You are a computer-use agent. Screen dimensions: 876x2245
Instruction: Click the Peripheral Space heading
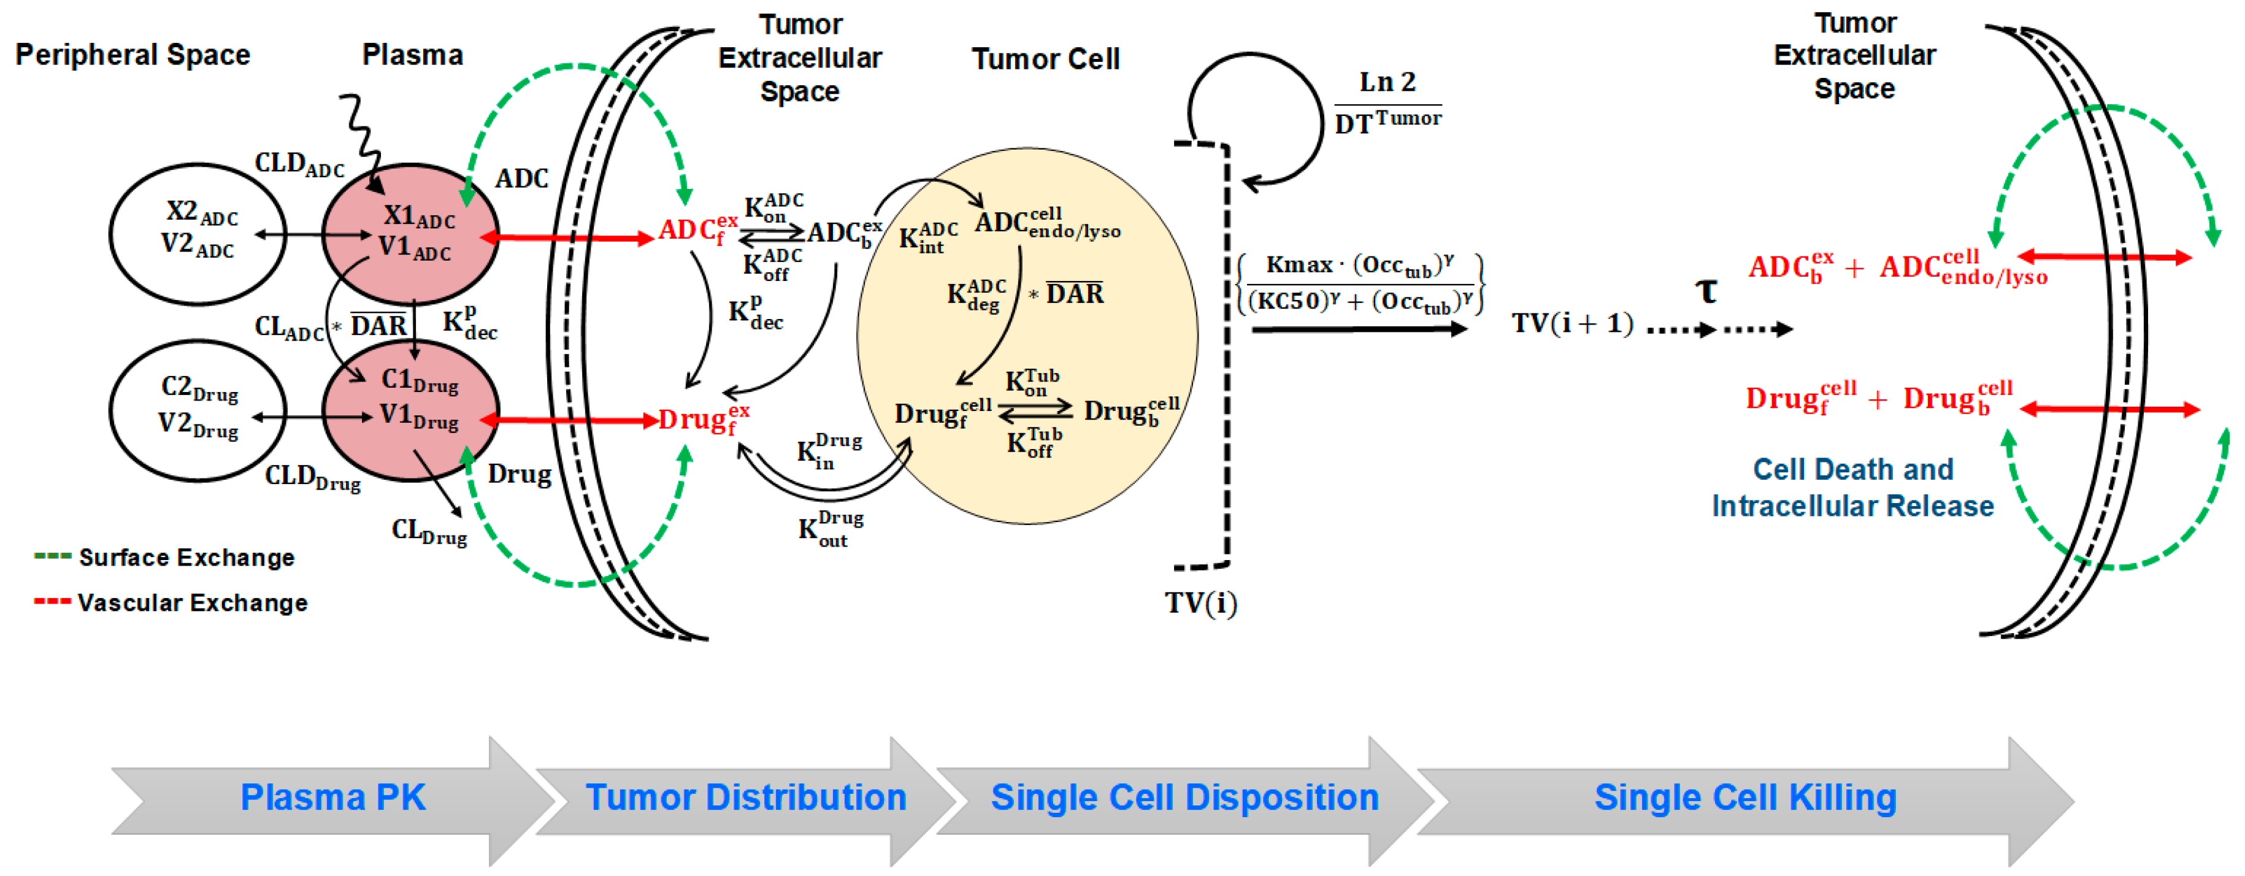pos(132,55)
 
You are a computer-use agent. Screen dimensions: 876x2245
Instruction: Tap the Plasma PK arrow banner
pos(333,797)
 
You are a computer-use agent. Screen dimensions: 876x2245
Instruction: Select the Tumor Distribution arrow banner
pos(746,797)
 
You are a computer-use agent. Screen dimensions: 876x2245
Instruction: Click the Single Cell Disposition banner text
pos(1184,797)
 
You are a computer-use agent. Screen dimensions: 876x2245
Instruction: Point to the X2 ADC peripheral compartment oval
pos(199,234)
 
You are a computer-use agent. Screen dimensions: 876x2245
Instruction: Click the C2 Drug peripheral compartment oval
pos(199,410)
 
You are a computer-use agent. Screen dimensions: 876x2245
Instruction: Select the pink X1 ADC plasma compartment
pos(412,234)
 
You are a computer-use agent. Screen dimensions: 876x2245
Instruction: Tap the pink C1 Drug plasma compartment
pos(412,410)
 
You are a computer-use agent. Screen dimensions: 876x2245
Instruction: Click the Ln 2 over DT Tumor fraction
pos(1387,104)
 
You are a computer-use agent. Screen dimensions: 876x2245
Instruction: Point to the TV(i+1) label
pos(1571,323)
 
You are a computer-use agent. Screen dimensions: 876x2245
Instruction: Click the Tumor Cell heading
pos(1045,60)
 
